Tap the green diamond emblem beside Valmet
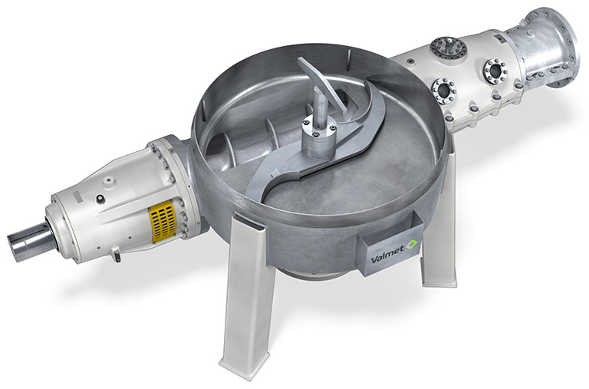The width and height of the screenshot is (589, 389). [x=412, y=244]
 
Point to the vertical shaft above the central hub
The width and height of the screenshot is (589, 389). [x=321, y=108]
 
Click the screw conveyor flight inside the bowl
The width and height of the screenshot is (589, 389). [x=244, y=141]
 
